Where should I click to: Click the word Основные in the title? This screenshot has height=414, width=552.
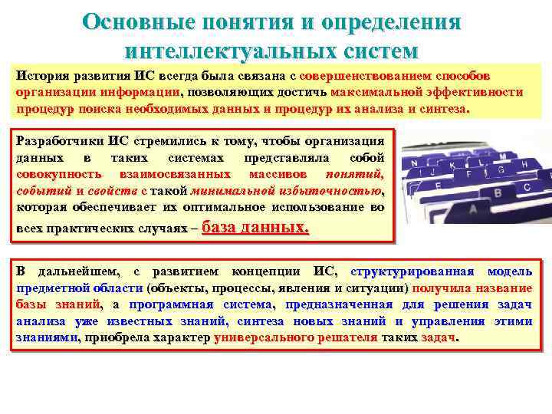tap(131, 21)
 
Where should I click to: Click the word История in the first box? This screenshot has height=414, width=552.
tap(42, 77)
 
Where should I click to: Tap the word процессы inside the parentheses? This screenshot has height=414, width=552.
tap(240, 288)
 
